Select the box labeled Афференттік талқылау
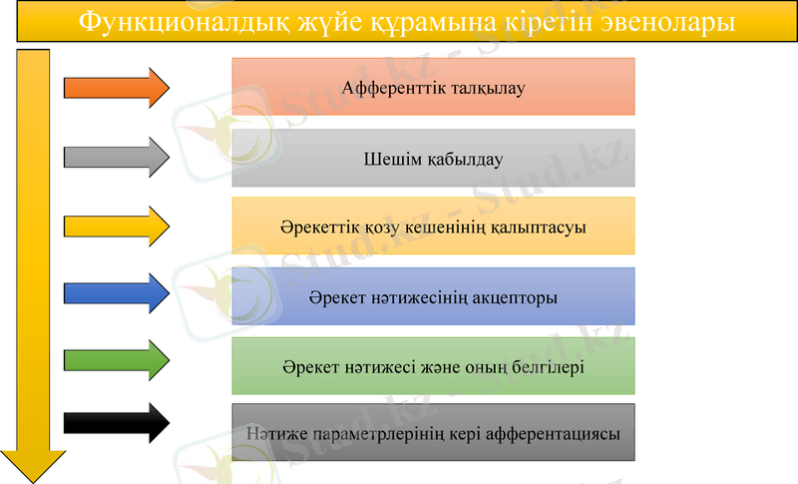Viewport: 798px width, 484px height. click(433, 87)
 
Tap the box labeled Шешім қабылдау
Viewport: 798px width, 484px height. click(433, 158)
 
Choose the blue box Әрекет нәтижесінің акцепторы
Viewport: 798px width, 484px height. click(433, 296)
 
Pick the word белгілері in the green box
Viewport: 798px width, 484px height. click(543, 366)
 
